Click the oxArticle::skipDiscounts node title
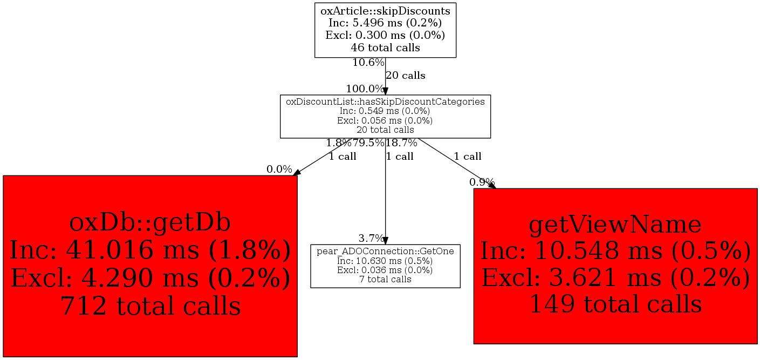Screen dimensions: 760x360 (x=385, y=11)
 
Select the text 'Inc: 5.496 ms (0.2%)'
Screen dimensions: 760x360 (x=385, y=23)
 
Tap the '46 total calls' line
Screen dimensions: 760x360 (x=385, y=47)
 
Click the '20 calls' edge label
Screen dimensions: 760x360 (x=406, y=76)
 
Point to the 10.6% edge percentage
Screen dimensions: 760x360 (x=368, y=63)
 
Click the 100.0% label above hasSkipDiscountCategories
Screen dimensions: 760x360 (x=365, y=89)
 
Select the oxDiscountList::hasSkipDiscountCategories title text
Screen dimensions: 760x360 (x=385, y=101)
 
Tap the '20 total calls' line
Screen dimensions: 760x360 (x=385, y=130)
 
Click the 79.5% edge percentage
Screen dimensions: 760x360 (x=368, y=143)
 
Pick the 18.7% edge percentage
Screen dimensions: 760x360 (x=401, y=143)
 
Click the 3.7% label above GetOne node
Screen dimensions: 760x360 (x=371, y=239)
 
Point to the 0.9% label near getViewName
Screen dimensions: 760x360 (x=482, y=182)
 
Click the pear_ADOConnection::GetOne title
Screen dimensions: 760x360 (x=385, y=251)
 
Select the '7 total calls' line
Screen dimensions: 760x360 (x=385, y=279)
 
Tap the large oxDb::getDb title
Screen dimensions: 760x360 (x=150, y=223)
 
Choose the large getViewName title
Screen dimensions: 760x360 (x=615, y=225)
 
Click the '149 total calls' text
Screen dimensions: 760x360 (x=615, y=304)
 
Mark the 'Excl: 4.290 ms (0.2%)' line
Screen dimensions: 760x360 (x=150, y=278)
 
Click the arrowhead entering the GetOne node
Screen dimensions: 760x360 (x=385, y=241)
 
